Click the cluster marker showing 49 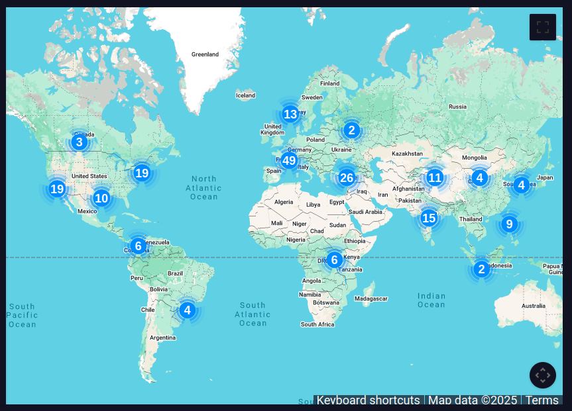click(x=288, y=160)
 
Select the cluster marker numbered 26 click(x=347, y=177)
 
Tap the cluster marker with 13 click(x=290, y=114)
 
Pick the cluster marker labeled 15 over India click(x=429, y=218)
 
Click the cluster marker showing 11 click(x=435, y=177)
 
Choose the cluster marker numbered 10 click(x=101, y=198)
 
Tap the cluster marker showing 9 click(x=509, y=224)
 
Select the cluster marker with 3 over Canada click(x=79, y=142)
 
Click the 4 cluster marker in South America click(x=188, y=310)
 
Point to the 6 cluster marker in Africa click(x=335, y=259)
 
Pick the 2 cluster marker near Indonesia click(x=481, y=269)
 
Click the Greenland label click(x=205, y=54)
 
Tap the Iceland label click(x=245, y=95)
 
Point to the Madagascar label click(x=371, y=299)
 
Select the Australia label click(x=534, y=306)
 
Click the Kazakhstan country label click(x=407, y=154)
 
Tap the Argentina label click(x=162, y=338)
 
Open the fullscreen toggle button click(x=543, y=27)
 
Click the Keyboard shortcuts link click(x=368, y=400)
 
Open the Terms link click(x=542, y=400)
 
